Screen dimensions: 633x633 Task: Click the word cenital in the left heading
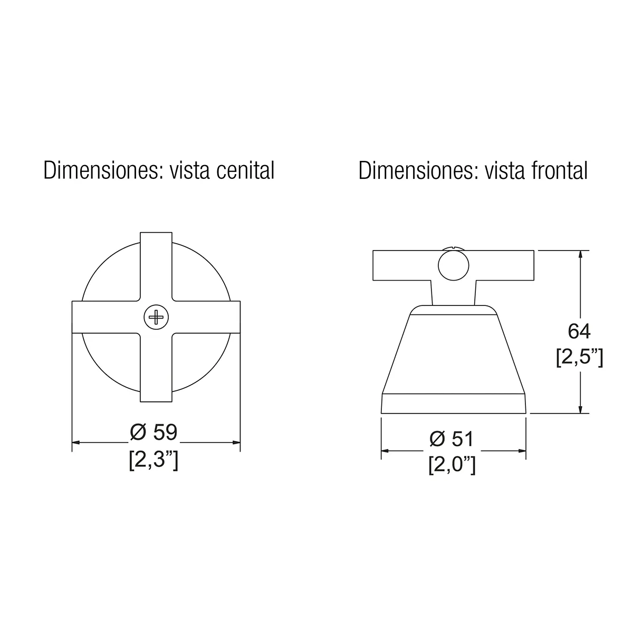[245, 170]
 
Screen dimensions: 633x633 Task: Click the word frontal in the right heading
[559, 170]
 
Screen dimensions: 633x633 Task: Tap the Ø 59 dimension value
[154, 433]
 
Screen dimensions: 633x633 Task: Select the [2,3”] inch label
[154, 460]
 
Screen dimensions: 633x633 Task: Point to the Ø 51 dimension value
[452, 439]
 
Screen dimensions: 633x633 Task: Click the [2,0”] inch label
[452, 465]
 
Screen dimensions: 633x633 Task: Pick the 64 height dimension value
[579, 331]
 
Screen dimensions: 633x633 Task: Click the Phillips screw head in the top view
[156, 317]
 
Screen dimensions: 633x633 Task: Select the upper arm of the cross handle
[156, 266]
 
